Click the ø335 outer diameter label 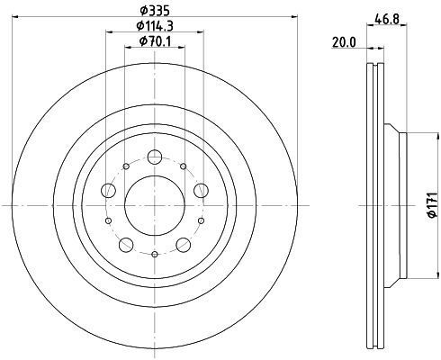click(155, 11)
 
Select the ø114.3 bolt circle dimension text click(155, 26)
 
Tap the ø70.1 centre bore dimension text click(155, 41)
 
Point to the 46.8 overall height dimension click(387, 20)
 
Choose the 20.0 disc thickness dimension click(344, 42)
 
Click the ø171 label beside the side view click(432, 205)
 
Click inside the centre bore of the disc click(155, 205)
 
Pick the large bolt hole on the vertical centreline click(155, 157)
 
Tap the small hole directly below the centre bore click(155, 255)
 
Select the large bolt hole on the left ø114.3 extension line click(109, 190)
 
